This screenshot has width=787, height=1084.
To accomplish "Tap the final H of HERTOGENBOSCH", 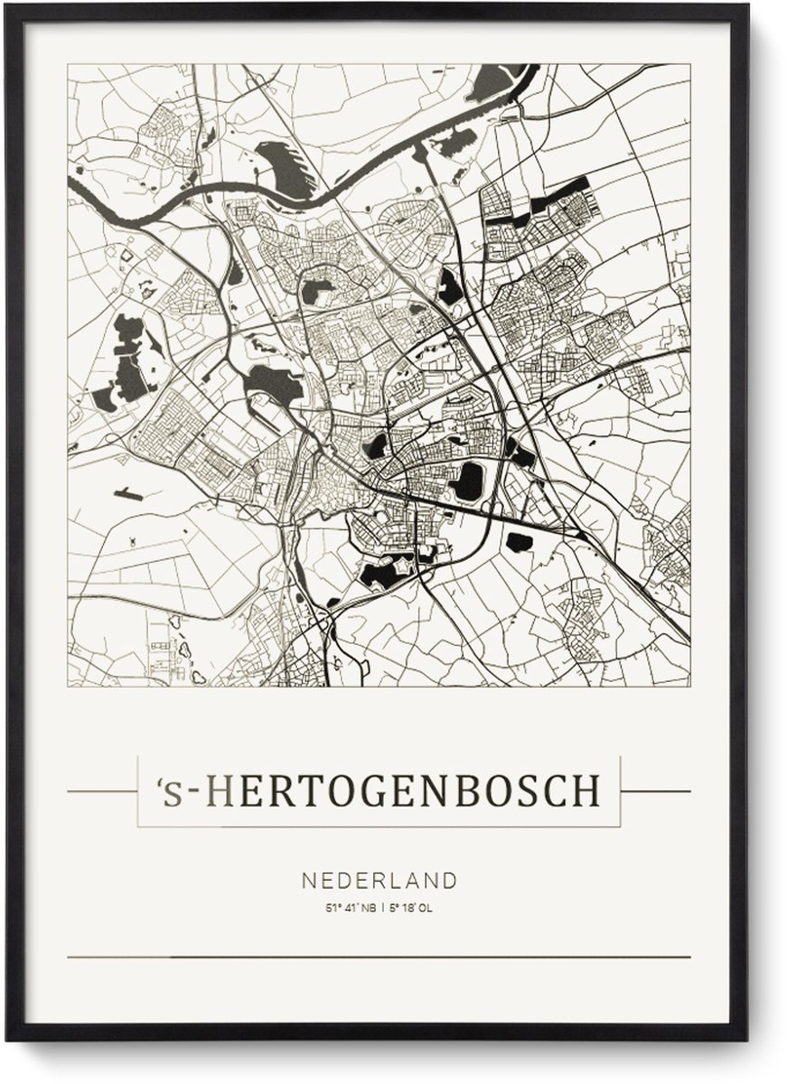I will click(585, 790).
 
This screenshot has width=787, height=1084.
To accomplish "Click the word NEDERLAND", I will click(379, 880).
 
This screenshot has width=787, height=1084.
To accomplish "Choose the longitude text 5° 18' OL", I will click(414, 908).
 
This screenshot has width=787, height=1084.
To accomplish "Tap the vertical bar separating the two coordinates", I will click(383, 908).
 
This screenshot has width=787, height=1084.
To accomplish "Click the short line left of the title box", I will click(101, 791).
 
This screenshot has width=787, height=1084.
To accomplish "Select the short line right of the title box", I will click(655, 791).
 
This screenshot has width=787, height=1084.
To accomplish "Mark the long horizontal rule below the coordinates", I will click(379, 957).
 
